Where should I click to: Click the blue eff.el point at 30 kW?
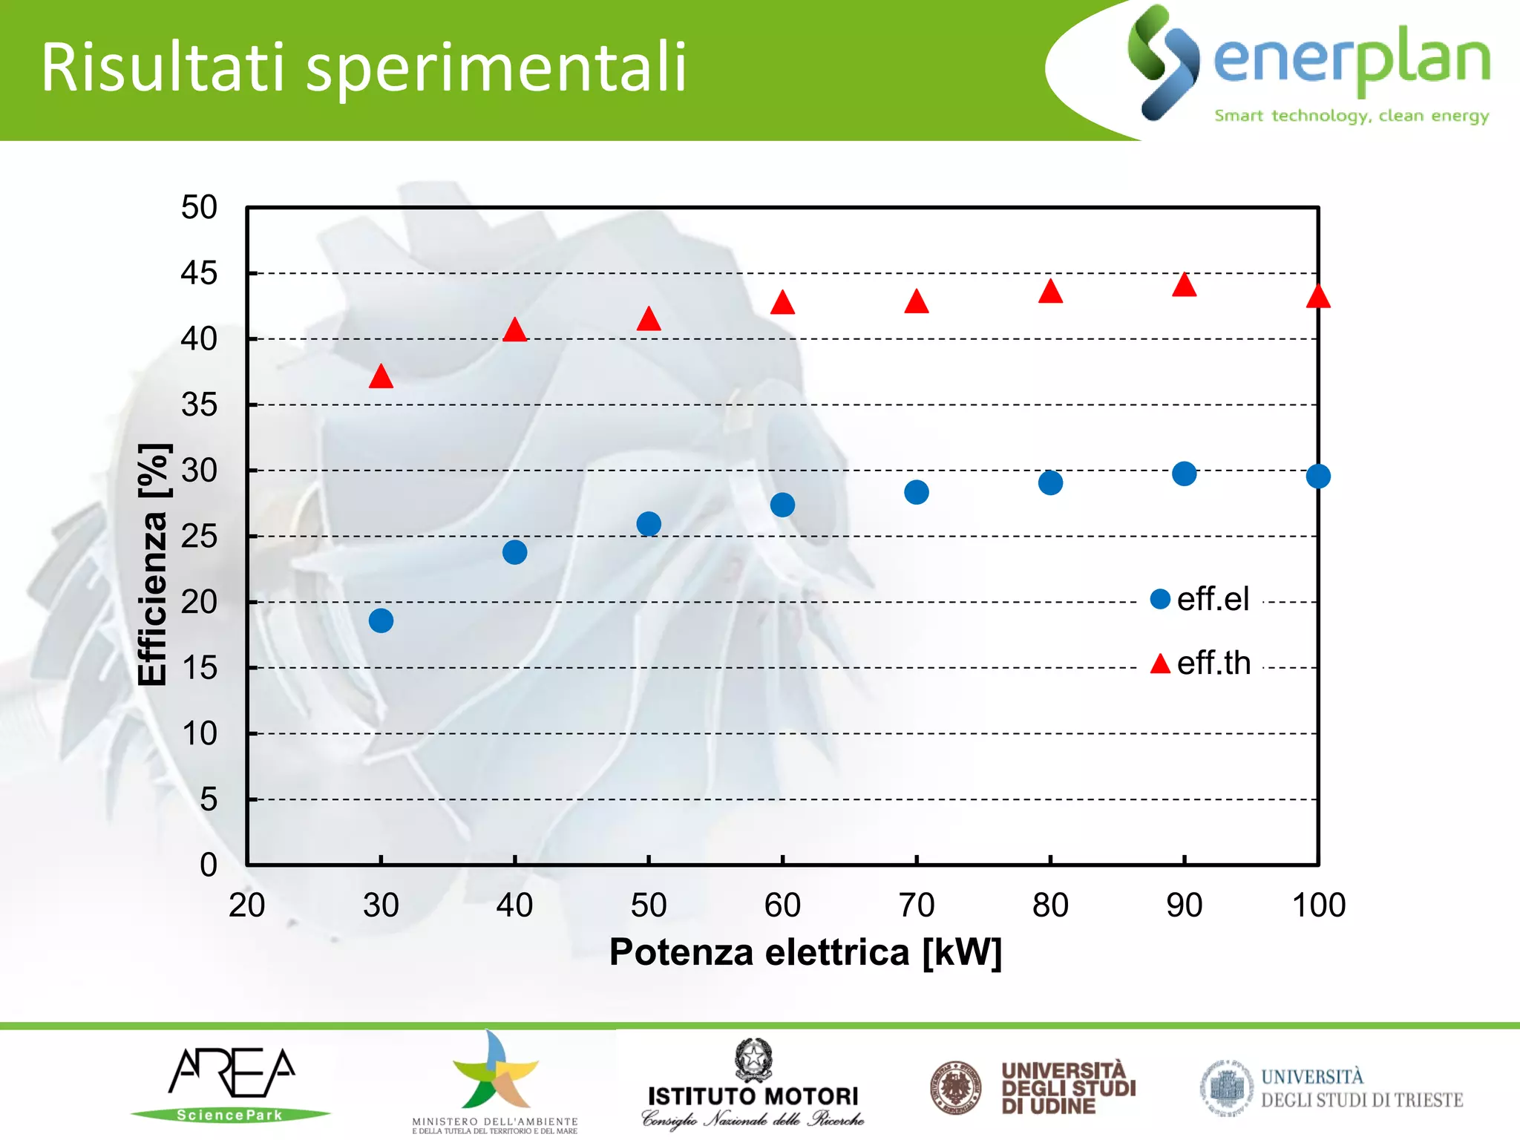(x=381, y=620)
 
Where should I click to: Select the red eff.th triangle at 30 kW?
(x=381, y=378)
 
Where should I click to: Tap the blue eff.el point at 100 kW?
(x=1318, y=476)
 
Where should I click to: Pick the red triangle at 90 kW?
(x=1185, y=286)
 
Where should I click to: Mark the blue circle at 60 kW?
(x=782, y=505)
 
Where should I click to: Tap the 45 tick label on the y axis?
(x=199, y=274)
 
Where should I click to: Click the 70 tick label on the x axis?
(x=917, y=905)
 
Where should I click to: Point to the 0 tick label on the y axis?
(x=209, y=865)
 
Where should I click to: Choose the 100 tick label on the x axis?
(x=1319, y=905)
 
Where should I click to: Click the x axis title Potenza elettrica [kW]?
(x=805, y=952)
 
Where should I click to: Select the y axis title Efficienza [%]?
(x=154, y=565)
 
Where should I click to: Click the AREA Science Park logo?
(x=232, y=1084)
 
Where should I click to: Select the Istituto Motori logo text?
(x=753, y=1096)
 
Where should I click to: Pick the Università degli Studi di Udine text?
(x=1067, y=1088)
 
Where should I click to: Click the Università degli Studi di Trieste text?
(x=1361, y=1089)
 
